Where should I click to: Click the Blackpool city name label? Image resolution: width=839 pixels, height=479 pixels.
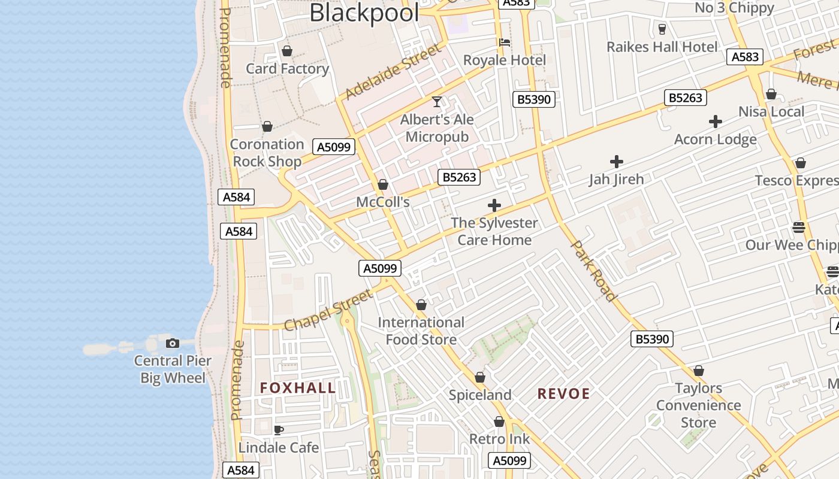coord(364,13)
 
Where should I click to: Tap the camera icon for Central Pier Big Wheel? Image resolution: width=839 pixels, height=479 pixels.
coord(173,343)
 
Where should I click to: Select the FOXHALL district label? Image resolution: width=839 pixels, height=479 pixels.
coord(298,388)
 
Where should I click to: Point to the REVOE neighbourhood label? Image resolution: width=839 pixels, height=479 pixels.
coord(564,393)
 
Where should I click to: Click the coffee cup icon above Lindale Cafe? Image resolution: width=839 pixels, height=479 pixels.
coord(278,429)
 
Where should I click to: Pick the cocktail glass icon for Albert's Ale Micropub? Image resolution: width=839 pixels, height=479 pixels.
coord(437,101)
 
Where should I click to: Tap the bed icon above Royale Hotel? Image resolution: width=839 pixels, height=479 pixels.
coord(505,43)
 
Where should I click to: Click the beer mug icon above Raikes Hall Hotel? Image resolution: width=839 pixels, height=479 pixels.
coord(662,29)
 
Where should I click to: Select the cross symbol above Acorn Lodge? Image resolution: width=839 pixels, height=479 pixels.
coord(715,122)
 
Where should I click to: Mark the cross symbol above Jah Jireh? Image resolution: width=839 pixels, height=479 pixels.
coord(616,161)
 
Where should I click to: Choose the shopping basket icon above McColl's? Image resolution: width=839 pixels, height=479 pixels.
coord(382,184)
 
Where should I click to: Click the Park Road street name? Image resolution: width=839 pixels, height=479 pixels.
coord(593,271)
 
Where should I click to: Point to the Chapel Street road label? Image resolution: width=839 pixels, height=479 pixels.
coord(328,310)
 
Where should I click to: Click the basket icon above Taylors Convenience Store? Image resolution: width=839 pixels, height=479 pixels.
coord(698,371)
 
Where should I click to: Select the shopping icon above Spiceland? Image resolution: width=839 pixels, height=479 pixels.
coord(480,377)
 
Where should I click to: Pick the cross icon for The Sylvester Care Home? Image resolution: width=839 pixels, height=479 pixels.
coord(494,205)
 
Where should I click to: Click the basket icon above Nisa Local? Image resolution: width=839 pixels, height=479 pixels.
coord(771,94)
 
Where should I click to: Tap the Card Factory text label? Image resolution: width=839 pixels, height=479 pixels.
coord(288,69)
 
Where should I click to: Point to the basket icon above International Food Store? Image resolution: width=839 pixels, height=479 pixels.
coord(421,305)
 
